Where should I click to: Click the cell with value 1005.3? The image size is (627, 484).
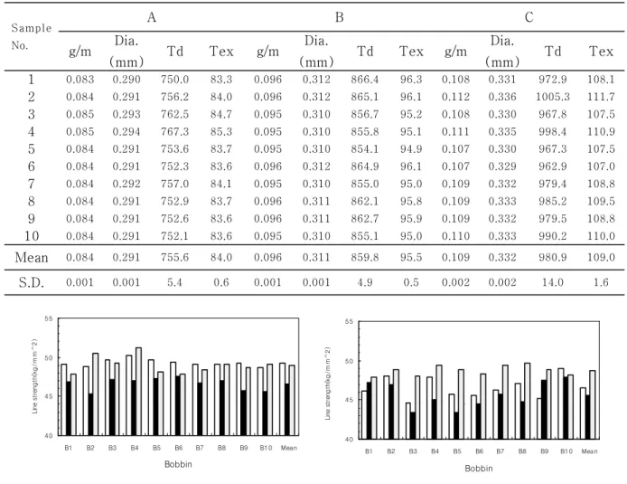(x=553, y=97)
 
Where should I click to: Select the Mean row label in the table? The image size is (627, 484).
(x=32, y=258)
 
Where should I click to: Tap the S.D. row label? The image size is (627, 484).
(x=32, y=282)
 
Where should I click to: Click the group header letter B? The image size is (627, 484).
(x=339, y=17)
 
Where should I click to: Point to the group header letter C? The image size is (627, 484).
(x=529, y=17)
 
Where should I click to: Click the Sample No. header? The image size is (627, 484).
(x=32, y=36)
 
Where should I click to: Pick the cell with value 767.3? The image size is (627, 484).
(x=174, y=132)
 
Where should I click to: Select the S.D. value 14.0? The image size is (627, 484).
(x=553, y=282)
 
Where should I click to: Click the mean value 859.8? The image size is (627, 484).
(x=365, y=258)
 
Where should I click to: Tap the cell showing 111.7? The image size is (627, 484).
(x=601, y=97)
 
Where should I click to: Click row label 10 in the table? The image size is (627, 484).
(x=32, y=236)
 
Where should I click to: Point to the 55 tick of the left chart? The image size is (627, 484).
(x=49, y=318)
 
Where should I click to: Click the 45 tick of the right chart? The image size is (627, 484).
(x=349, y=400)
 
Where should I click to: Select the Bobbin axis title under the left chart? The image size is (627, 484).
(x=178, y=464)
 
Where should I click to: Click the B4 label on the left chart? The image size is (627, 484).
(x=135, y=448)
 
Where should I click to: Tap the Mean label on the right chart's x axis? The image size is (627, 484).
(x=589, y=451)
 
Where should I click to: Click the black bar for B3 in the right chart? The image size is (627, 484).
(x=413, y=425)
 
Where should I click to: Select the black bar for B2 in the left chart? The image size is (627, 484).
(x=90, y=414)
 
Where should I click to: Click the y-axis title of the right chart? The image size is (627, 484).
(x=328, y=384)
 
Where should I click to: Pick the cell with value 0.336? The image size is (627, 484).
(x=502, y=97)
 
